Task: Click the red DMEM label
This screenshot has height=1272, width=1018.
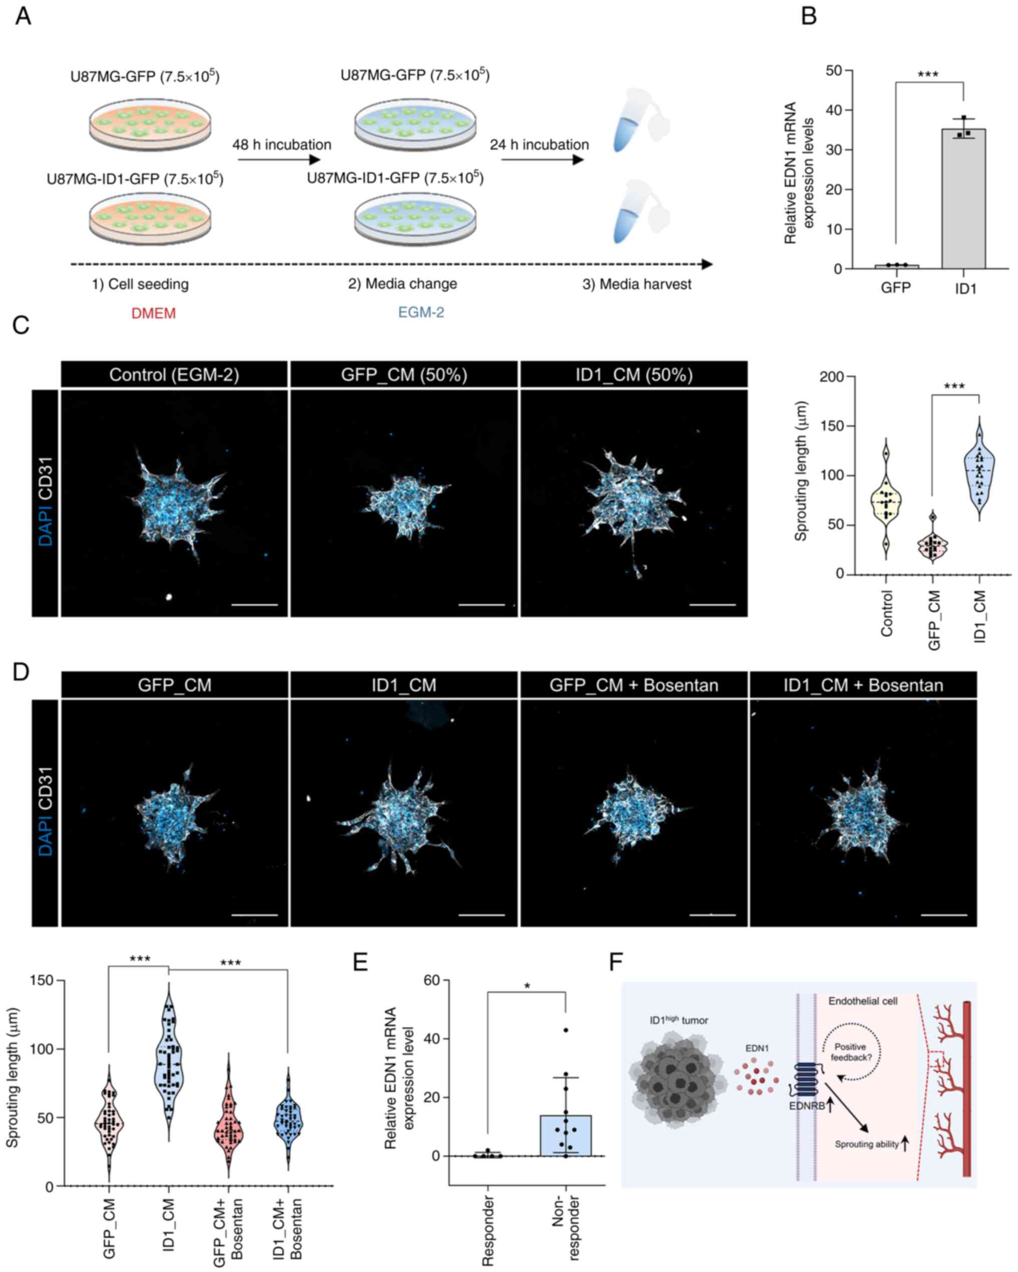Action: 153,313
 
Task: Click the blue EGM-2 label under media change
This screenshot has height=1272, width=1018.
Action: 421,312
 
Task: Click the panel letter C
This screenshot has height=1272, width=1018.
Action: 21,325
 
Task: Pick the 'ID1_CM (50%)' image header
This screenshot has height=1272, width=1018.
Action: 634,375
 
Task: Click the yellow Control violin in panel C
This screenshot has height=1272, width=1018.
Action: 886,501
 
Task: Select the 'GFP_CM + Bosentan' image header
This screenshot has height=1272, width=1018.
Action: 634,685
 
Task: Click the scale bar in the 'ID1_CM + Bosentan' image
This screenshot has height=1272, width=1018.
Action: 944,915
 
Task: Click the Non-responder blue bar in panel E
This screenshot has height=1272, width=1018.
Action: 565,1135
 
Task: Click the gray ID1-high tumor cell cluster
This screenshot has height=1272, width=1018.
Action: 672,1077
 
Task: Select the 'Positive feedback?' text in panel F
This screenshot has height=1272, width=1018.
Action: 850,1052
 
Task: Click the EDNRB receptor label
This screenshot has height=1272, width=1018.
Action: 806,1106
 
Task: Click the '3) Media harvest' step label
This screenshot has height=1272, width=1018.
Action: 637,285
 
